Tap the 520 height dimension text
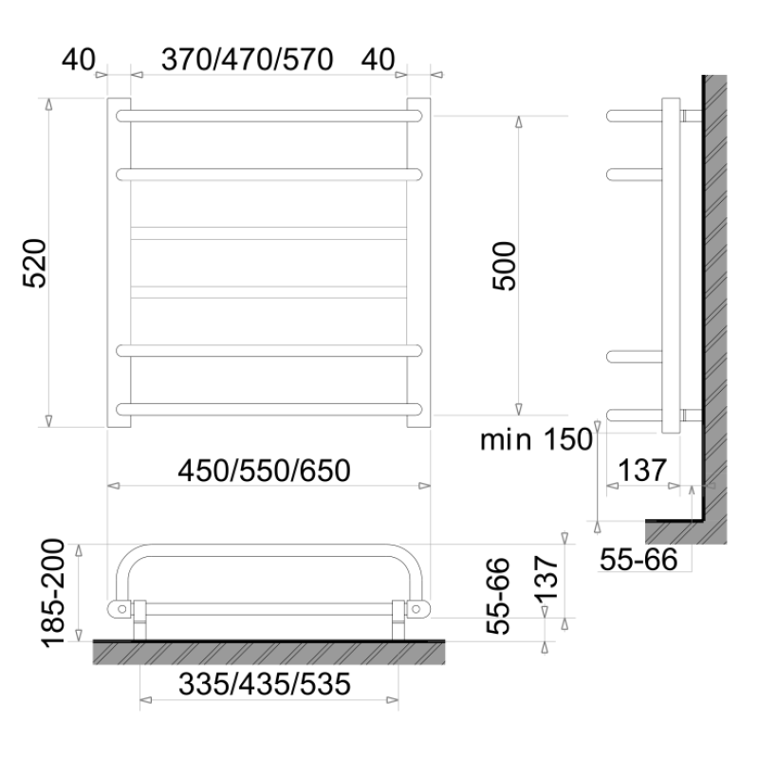coord(34,262)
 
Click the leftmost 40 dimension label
coord(79,60)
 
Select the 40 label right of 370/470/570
coord(378,60)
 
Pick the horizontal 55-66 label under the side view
coord(639,561)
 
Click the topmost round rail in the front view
coord(268,115)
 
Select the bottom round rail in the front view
coord(268,409)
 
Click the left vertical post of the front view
coord(119,262)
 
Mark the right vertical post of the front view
coord(418,262)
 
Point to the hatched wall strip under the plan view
coord(268,651)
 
